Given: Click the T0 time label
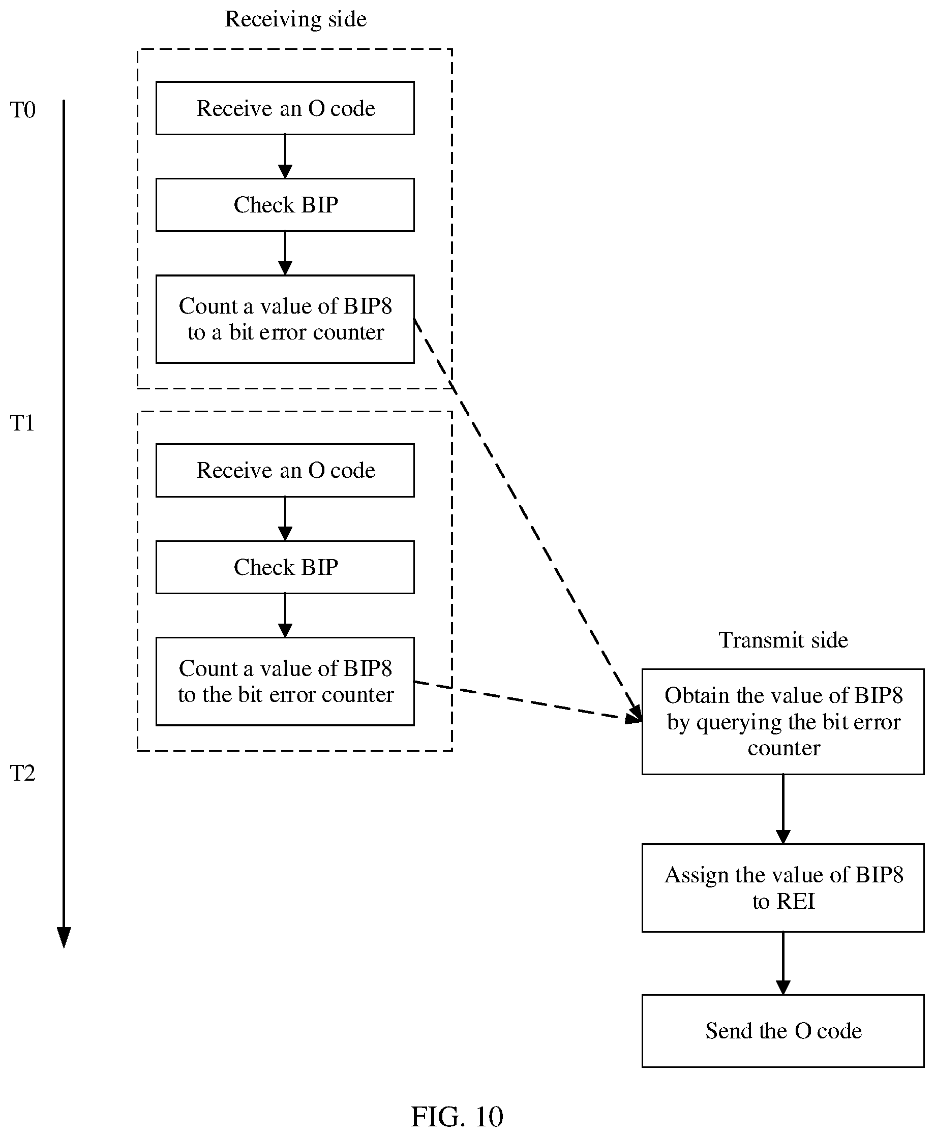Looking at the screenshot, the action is click(x=22, y=110).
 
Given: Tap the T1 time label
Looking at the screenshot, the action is click(x=22, y=423).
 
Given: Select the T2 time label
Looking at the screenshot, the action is click(x=22, y=773).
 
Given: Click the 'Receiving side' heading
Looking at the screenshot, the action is click(x=296, y=19).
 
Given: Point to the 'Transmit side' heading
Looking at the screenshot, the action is click(x=783, y=640).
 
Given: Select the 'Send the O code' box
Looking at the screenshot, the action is click(x=783, y=1031).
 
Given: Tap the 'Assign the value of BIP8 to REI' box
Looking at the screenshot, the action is click(x=783, y=888).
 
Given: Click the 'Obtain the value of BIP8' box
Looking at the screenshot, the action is click(x=783, y=721).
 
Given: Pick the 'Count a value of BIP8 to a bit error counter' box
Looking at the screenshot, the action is click(x=285, y=319).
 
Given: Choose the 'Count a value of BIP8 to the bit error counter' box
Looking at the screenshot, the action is click(x=285, y=682).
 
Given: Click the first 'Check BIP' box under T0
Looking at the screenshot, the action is click(x=285, y=204).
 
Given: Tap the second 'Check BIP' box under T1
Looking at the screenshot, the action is click(x=285, y=567).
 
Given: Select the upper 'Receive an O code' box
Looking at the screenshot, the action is click(x=285, y=108).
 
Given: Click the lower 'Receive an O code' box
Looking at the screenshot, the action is click(x=285, y=471).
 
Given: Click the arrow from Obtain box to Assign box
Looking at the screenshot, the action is click(x=783, y=809).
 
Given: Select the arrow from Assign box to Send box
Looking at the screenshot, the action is click(x=783, y=963).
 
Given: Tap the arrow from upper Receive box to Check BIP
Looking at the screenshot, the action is click(x=285, y=157).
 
